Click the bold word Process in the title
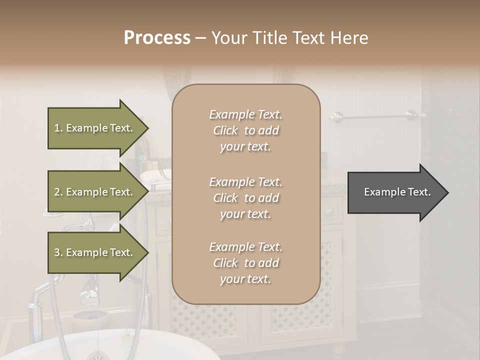157,38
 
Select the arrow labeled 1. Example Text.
95,128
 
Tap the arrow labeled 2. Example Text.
95,192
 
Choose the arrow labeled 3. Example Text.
95,252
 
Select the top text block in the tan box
245,130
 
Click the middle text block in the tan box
245,198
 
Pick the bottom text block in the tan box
245,263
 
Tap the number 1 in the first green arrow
56,128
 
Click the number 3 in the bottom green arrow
57,252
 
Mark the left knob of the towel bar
336,116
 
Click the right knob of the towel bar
411,115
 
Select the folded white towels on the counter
155,176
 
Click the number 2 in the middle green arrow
57,192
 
